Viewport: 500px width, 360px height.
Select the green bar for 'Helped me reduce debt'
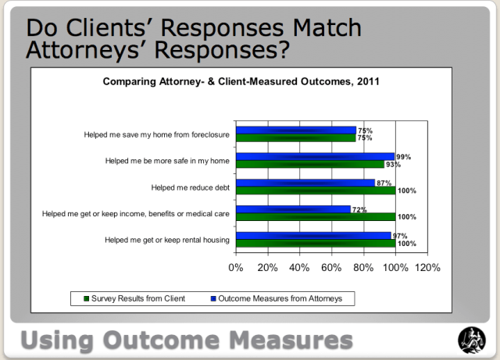pos(315,191)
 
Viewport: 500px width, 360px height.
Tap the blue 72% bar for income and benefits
pos(293,209)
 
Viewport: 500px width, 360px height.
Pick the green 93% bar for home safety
pos(309,164)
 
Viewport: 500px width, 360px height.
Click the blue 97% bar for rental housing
pos(312,235)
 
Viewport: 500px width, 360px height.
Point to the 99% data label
pos(403,157)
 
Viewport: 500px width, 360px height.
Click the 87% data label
pos(384,183)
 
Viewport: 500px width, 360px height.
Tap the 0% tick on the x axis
pos(236,267)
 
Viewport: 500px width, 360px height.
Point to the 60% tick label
pos(331,267)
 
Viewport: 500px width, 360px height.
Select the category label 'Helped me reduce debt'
pos(190,187)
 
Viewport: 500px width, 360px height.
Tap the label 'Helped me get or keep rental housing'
pos(166,239)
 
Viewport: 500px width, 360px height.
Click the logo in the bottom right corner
pos(470,339)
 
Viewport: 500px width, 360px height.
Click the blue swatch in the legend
pos(213,298)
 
